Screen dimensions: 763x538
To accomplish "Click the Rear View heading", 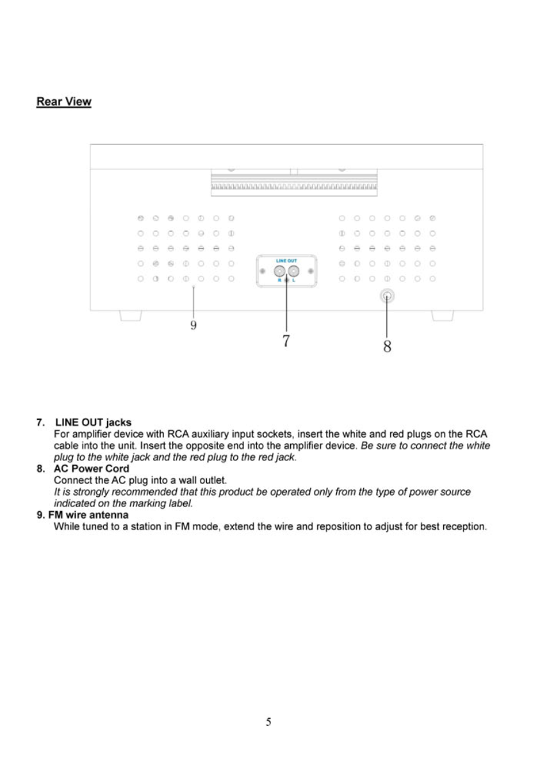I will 64,102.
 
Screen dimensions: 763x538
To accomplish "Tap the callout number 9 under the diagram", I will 193,325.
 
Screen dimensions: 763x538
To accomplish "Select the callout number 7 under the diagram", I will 286,340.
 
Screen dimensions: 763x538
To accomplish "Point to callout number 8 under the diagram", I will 387,346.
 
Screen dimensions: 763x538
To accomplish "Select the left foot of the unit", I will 130,316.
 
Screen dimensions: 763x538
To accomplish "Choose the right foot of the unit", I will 443,316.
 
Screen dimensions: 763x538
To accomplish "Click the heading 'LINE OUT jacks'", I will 94,422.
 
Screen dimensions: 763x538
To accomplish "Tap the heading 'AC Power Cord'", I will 92,469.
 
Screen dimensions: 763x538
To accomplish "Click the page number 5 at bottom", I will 268,722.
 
